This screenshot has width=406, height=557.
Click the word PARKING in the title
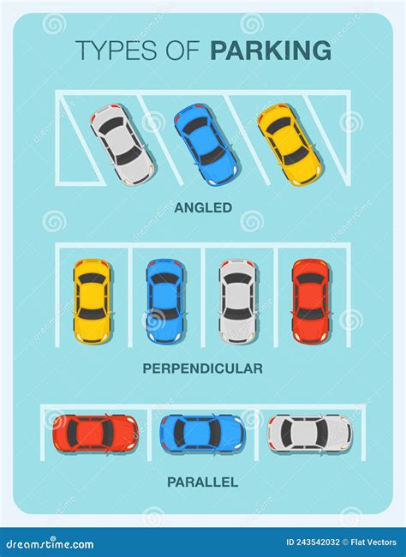point(271,50)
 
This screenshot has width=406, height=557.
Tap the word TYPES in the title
point(116,50)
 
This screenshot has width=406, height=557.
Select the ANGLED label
point(203,208)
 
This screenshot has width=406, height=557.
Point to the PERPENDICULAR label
point(203,368)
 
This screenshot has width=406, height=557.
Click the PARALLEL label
point(203,482)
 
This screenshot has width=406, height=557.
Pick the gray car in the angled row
point(123,145)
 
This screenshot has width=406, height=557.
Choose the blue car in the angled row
point(206,145)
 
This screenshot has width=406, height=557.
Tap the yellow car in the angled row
point(290,145)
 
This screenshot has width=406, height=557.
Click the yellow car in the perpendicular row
point(93,302)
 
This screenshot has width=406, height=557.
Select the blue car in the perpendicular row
point(165,302)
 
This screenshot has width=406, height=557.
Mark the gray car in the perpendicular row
point(238,302)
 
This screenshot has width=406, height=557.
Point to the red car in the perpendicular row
point(311,302)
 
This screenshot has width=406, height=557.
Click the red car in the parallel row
point(96,433)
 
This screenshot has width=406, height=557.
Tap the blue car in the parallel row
point(203,433)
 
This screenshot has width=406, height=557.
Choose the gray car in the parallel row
point(310,433)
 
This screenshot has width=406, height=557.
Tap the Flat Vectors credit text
point(373,542)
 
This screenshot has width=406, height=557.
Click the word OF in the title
point(183,50)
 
